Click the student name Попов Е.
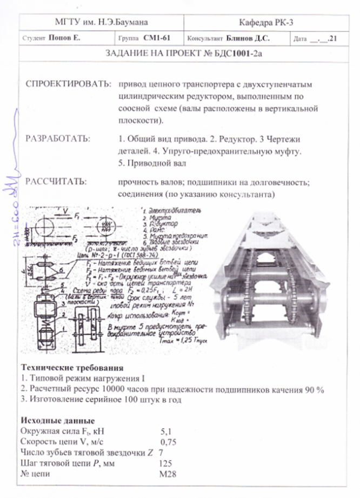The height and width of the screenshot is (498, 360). (x=64, y=39)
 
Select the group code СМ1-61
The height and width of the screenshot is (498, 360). (x=157, y=39)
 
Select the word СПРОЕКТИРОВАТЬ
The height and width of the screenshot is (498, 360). (x=66, y=85)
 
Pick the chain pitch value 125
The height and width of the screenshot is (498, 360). (x=166, y=463)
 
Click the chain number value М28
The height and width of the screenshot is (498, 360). (x=166, y=474)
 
